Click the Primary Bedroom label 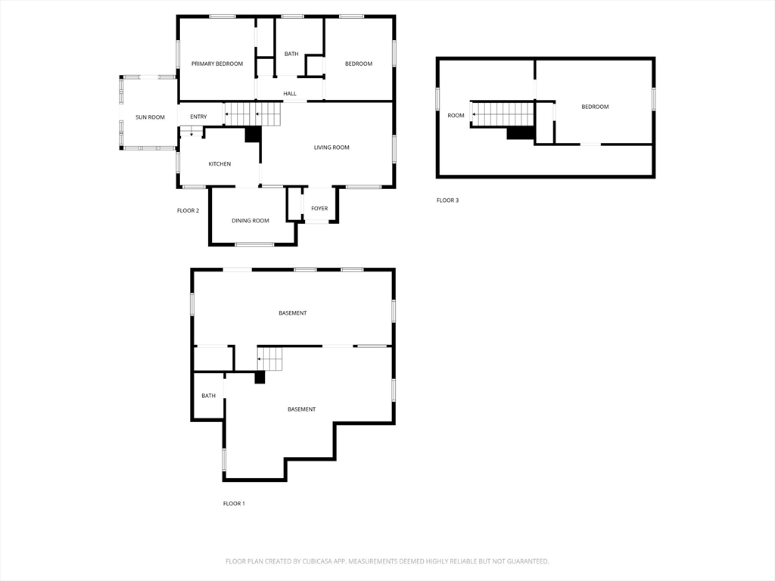click(217, 64)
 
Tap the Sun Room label click(150, 117)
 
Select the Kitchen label click(219, 164)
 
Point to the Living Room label click(331, 148)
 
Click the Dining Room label click(251, 220)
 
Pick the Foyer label click(319, 209)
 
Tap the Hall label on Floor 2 click(290, 93)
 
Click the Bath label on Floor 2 click(291, 54)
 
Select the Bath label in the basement click(209, 396)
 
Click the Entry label click(199, 117)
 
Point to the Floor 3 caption click(448, 200)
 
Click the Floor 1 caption click(234, 503)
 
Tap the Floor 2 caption click(188, 210)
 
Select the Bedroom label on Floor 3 click(595, 107)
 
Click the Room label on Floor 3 click(456, 116)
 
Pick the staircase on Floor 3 click(503, 114)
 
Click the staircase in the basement click(269, 359)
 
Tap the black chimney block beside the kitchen click(253, 135)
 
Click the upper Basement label click(293, 312)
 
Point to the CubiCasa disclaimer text click(387, 561)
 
